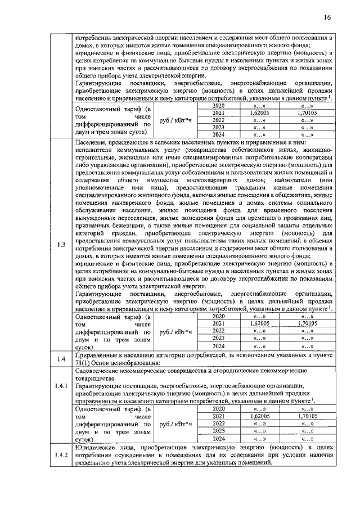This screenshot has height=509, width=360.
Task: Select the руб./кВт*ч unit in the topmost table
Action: [175, 120]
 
